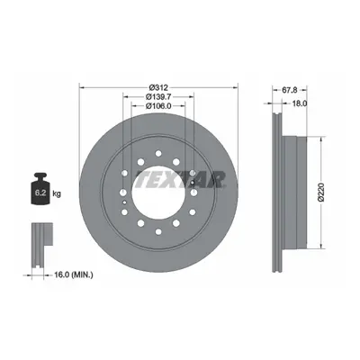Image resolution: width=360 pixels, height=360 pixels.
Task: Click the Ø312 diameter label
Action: coord(158,87)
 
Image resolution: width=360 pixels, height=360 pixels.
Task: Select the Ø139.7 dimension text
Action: coord(158,96)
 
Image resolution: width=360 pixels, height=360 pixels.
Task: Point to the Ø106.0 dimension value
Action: coord(158,105)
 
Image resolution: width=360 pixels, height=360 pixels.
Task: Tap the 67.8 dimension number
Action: coord(290,90)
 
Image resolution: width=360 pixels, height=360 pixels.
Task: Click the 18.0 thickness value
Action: coord(299,103)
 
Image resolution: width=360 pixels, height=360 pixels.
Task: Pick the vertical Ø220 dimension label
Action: coord(321,192)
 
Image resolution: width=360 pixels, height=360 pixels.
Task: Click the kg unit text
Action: coord(57,193)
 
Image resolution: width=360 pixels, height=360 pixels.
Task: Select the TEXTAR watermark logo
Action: coord(180,179)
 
